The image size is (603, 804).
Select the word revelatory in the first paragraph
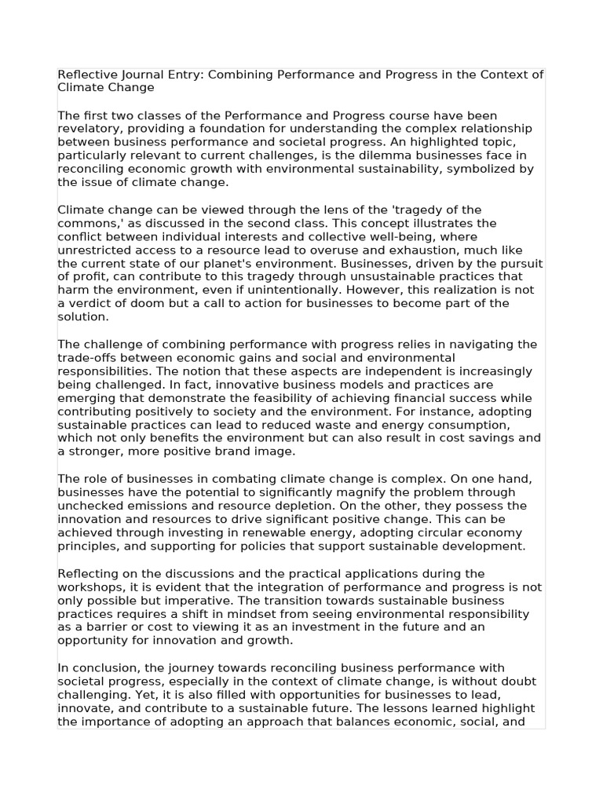(x=89, y=129)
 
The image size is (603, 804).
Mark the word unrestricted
(x=93, y=250)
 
